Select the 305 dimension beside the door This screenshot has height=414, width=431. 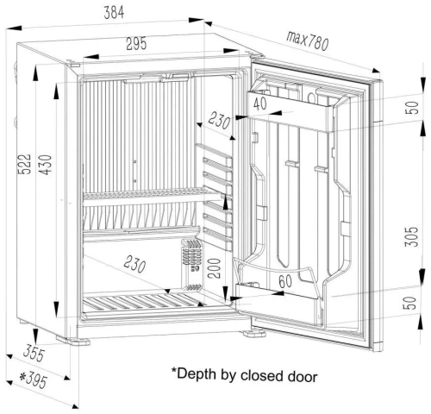tap(411, 232)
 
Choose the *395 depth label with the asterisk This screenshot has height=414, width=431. tap(34, 380)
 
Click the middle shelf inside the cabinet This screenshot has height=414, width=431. tap(142, 199)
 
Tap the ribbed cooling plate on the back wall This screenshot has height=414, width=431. tap(138, 129)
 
